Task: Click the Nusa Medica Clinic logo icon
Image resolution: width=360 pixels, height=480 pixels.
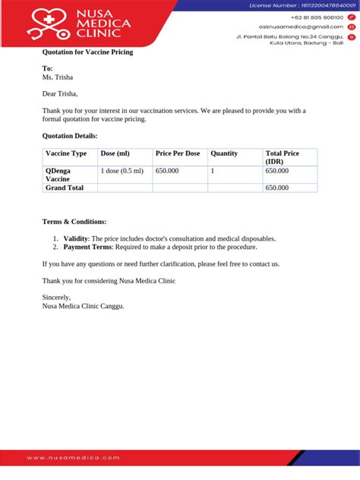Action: point(49,24)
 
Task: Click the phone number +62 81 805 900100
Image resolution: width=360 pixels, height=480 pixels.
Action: point(317,17)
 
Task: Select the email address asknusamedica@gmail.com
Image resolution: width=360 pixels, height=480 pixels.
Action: point(302,27)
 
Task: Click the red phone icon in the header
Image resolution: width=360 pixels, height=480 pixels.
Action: point(352,17)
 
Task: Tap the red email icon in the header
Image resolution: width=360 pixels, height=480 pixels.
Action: point(352,27)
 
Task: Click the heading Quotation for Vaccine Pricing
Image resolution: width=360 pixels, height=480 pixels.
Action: point(87,52)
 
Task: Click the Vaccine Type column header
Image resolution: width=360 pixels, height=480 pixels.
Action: point(67,153)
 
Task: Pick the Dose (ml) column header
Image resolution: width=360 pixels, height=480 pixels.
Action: point(115,153)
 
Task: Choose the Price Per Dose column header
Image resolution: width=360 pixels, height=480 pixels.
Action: point(178,153)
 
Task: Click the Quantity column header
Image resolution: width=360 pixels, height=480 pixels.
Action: point(224,153)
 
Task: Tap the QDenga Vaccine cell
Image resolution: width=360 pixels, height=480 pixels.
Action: point(59,175)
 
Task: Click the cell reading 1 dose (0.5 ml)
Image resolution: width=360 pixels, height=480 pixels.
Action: point(122,171)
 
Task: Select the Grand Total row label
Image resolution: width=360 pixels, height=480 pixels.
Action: point(65,188)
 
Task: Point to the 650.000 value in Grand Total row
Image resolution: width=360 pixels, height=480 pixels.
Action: point(277,188)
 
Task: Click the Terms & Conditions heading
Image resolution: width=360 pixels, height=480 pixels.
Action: point(74,222)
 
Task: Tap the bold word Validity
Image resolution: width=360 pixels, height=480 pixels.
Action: point(76,238)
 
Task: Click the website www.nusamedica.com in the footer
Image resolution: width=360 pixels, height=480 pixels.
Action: point(74,458)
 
